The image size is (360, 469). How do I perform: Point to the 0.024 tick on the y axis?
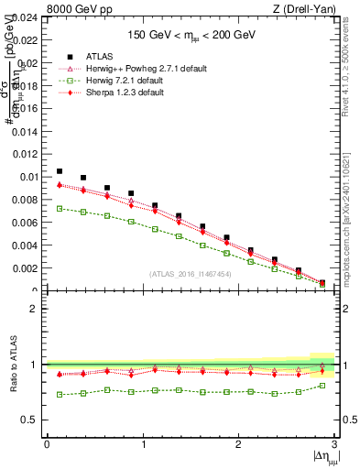25,17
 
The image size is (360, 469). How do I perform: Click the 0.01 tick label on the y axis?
27,177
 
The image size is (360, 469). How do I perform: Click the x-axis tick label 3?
335,444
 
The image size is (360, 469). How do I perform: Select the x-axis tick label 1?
143,444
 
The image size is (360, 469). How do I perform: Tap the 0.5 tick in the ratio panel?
32,420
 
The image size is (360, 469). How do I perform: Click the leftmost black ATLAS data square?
60,171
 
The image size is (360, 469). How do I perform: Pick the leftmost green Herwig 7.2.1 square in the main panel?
60,209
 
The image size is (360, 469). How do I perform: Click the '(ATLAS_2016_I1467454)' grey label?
189,274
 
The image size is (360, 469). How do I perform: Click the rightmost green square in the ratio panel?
322,386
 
